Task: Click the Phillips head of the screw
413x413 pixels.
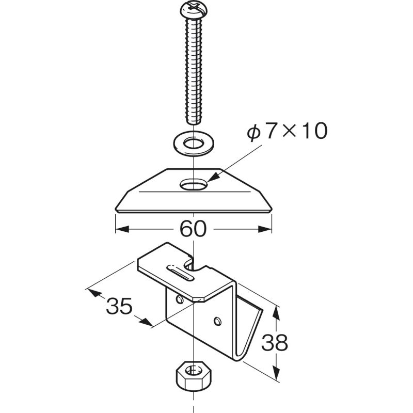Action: (194, 11)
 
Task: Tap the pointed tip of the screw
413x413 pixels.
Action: (194, 122)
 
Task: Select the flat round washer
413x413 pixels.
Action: (194, 144)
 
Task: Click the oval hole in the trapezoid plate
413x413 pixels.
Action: (194, 185)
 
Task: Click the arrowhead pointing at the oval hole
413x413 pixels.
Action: (214, 177)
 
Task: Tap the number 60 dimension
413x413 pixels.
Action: (193, 229)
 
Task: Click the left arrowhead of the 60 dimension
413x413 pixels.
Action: (122, 229)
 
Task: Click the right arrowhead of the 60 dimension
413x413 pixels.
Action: (265, 229)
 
